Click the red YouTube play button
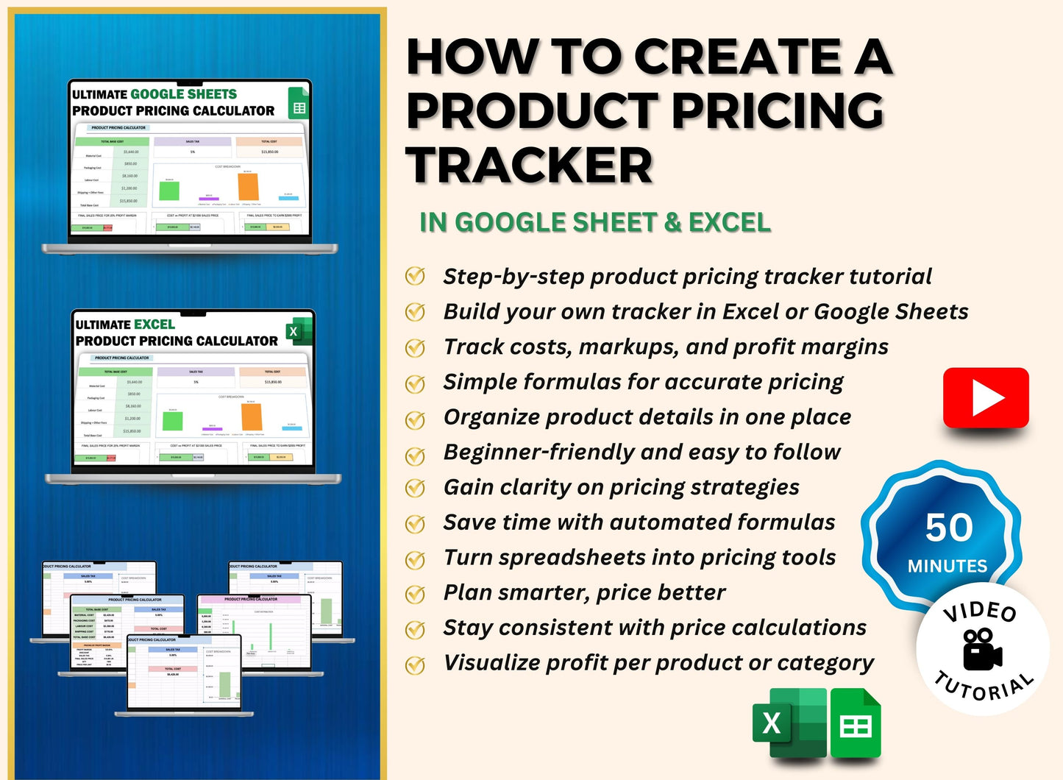pos(986,397)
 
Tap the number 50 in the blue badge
pos(949,528)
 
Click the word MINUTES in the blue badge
pos(948,566)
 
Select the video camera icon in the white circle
pos(981,648)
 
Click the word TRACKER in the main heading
pos(530,165)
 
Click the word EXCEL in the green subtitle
pos(729,222)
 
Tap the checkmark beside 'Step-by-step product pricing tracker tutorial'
pos(416,277)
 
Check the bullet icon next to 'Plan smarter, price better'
pos(416,593)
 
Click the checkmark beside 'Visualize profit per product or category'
pos(416,664)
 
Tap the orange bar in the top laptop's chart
pos(248,186)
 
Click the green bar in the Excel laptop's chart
pos(173,420)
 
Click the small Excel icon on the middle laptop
pos(296,331)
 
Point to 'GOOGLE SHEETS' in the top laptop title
pos(183,94)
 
